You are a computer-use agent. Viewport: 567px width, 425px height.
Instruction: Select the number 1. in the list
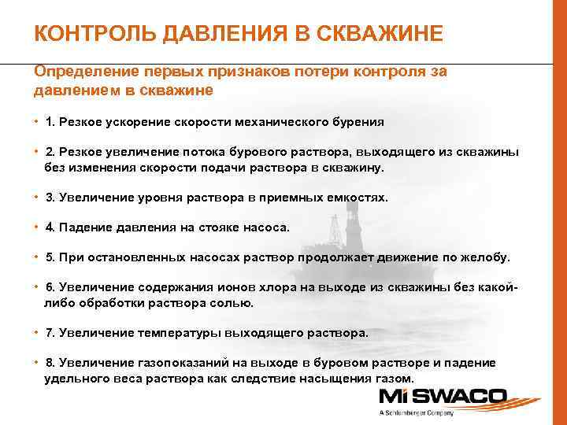coord(52,123)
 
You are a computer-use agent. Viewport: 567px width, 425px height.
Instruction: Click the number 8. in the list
coord(52,363)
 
